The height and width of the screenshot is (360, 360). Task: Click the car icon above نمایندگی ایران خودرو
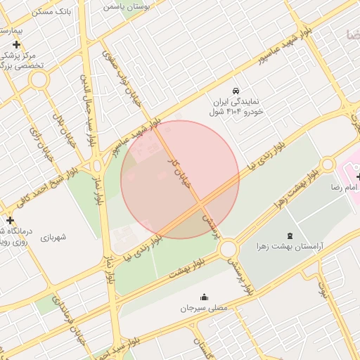236,91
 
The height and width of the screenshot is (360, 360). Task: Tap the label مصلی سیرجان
204,308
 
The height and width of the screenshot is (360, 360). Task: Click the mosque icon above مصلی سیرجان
205,297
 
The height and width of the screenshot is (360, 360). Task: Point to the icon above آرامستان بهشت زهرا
292,234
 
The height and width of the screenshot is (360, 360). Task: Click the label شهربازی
53,237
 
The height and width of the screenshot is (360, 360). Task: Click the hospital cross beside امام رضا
359,176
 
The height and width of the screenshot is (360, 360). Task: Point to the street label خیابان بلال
61,124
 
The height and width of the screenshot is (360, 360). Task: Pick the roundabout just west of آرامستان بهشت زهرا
228,249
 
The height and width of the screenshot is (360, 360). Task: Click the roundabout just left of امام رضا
327,165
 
